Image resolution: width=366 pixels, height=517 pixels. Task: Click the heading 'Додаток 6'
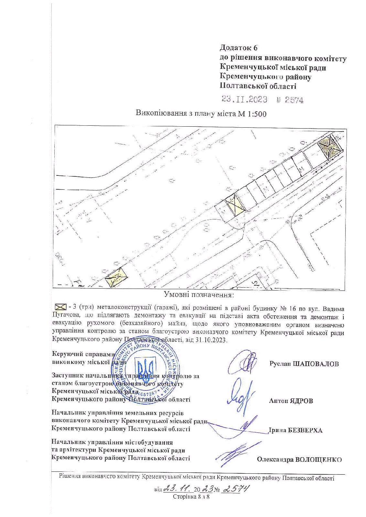coord(239,48)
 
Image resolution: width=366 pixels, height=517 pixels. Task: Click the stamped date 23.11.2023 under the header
coord(244,99)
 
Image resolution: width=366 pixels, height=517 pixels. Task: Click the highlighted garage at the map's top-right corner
coord(330,147)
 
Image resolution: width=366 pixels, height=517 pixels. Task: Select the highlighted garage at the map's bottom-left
coord(116,276)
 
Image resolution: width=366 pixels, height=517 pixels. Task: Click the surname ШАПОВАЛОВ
coord(316,364)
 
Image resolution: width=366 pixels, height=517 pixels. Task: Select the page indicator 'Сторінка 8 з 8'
coord(191,497)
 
